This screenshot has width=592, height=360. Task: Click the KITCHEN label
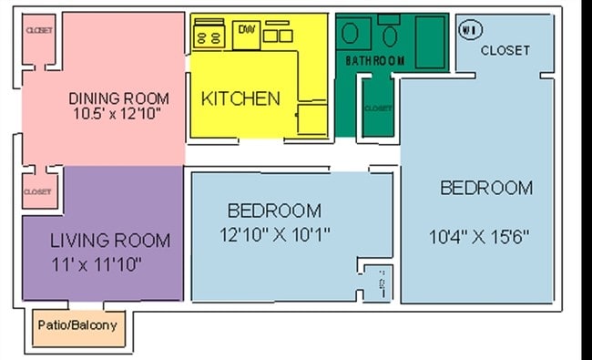[240, 98]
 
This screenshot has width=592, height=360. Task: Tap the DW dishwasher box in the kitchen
[247, 33]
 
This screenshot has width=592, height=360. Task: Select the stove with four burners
[209, 34]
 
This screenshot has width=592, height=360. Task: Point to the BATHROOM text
[374, 60]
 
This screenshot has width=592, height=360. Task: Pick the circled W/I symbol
[469, 29]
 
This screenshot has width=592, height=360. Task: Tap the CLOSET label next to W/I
[505, 50]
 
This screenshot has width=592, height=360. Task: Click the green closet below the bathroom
[377, 108]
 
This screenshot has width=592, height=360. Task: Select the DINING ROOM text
[118, 98]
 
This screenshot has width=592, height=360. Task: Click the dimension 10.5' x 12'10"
[119, 114]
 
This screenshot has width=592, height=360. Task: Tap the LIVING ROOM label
[109, 241]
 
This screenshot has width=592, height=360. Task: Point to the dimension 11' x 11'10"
[97, 263]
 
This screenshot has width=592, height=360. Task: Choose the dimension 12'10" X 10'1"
[274, 234]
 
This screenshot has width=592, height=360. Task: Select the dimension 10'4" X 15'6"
[479, 236]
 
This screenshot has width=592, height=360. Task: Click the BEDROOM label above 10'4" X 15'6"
[486, 188]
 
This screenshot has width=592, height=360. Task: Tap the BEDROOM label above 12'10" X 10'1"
[274, 211]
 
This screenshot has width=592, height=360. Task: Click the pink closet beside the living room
[37, 191]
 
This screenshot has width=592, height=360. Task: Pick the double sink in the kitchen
[278, 35]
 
